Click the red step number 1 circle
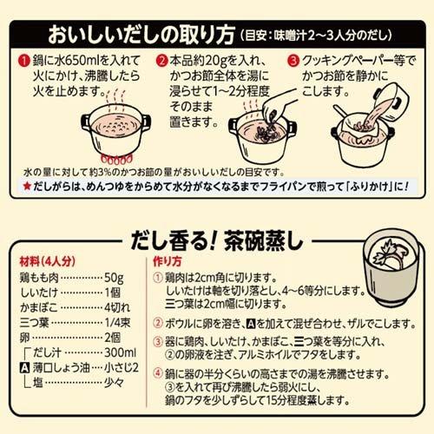pos(24,61)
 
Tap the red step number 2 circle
pos(162,61)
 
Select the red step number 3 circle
pos(293,61)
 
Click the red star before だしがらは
pos(27,186)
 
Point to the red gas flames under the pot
pos(116,159)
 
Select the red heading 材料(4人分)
pos(48,261)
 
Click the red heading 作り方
pos(168,261)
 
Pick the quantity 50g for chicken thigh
pos(114,278)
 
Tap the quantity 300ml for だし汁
pos(120,352)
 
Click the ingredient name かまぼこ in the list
pos(39,308)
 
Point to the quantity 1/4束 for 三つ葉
pos(117,323)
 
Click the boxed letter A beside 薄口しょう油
pos(24,368)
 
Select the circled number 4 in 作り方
pos(158,373)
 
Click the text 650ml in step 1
pos(82,61)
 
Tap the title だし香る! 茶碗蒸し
pos(217,240)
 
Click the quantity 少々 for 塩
pos(115,383)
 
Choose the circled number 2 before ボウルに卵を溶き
pos(158,323)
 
